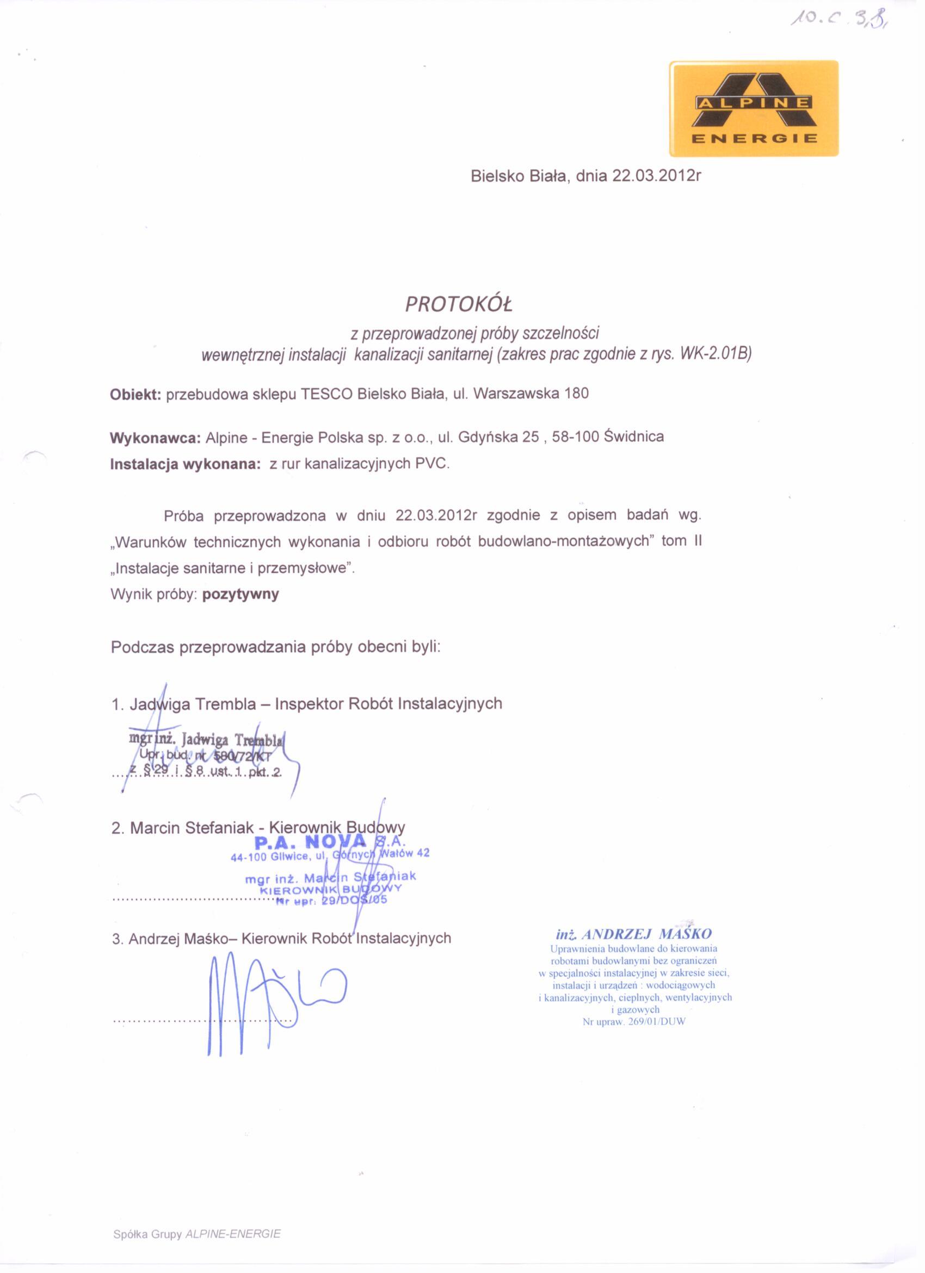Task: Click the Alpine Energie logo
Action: [x=754, y=108]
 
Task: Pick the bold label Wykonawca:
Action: [x=156, y=438]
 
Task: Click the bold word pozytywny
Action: [x=240, y=595]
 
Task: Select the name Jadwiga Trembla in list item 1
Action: [x=193, y=704]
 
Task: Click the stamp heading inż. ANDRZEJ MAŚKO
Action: [x=633, y=934]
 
